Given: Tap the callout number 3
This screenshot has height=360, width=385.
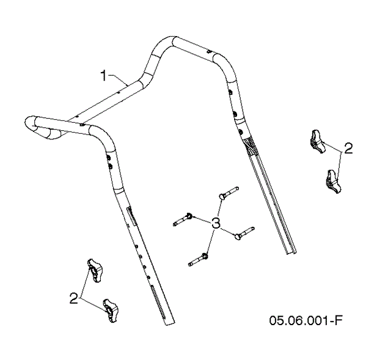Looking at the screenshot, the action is pos(216,224).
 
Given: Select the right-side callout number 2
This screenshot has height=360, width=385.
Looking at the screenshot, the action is pos(348,148).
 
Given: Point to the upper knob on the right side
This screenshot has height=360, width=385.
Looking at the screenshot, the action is pos(318,142).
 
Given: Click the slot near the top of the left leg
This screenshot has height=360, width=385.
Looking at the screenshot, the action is pos(129,216).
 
